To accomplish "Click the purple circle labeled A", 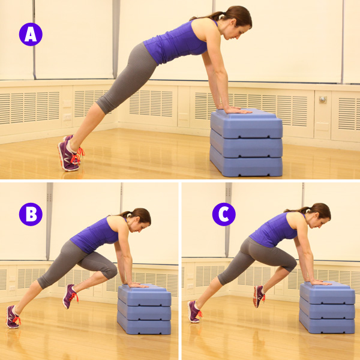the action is tap(31, 34).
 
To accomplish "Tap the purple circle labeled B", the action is tap(31, 214).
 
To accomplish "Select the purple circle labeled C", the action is tap(224, 214).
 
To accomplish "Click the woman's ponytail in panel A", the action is tap(208, 16).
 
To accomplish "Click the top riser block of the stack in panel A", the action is tap(247, 124).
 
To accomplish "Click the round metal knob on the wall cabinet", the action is tap(323, 99).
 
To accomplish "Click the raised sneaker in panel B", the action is tap(70, 296).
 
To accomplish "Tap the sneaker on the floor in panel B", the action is tap(13, 317).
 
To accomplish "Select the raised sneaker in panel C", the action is tap(259, 296).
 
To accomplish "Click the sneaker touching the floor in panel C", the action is tap(194, 312).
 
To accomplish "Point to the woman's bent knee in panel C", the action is tap(290, 263).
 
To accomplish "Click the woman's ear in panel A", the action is tap(233, 22).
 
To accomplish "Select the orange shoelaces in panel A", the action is tap(77, 155).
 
